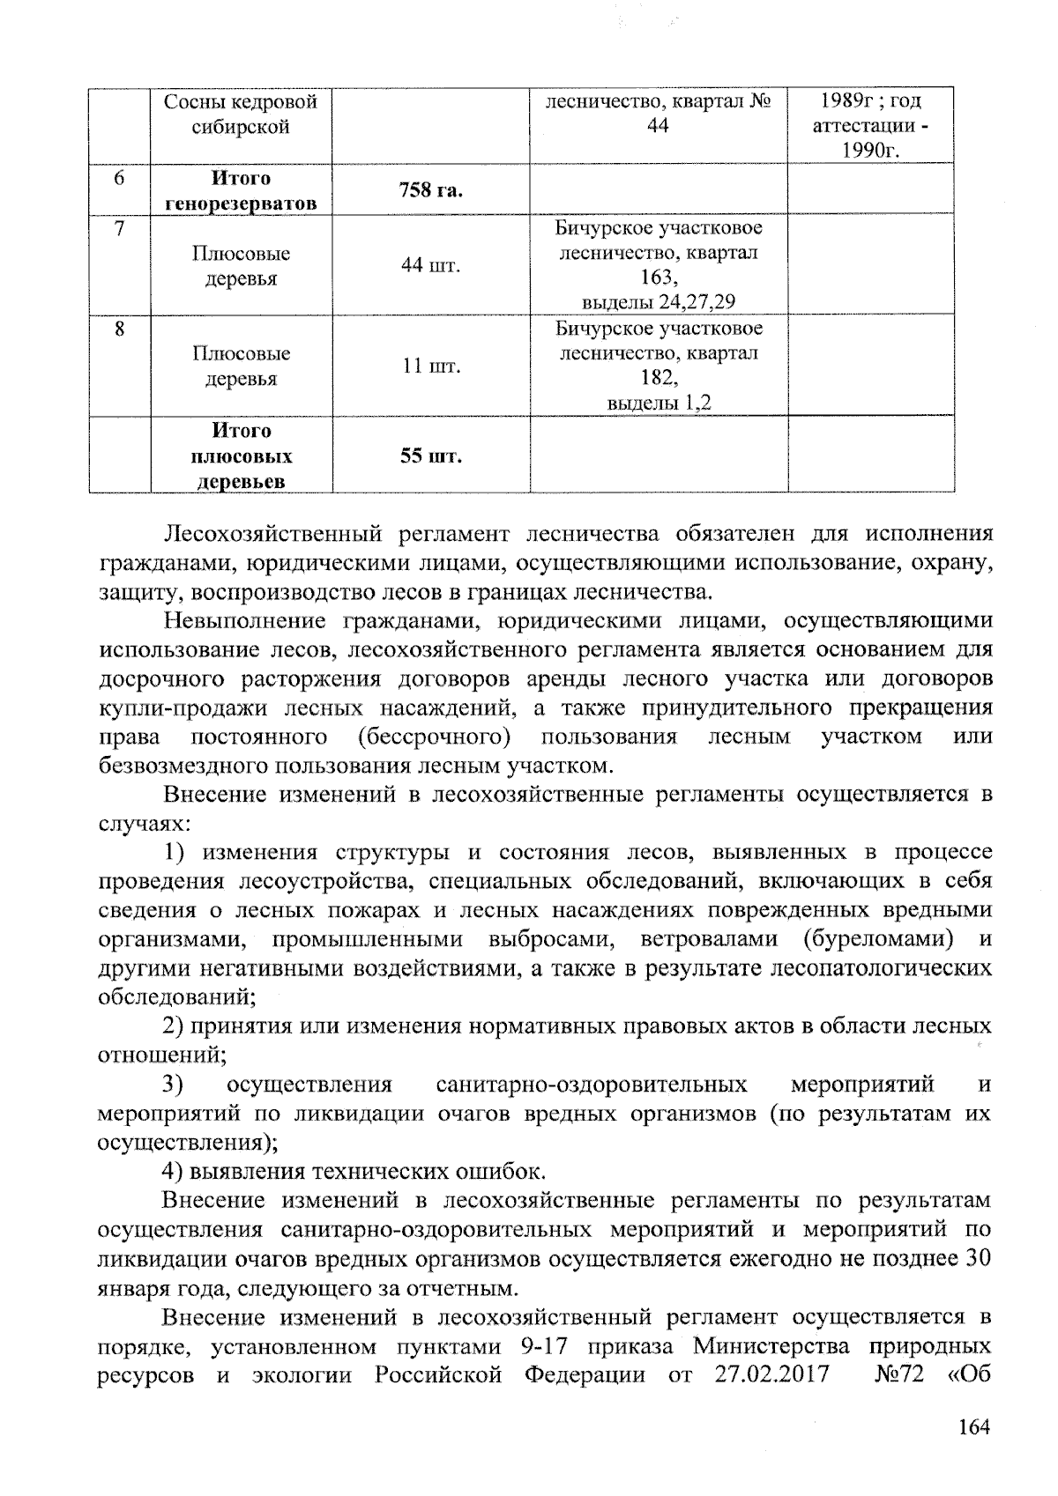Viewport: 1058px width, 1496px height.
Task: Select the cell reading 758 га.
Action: point(431,190)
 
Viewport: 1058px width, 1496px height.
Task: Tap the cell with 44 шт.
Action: point(431,265)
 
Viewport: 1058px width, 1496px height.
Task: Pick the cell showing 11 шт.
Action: point(431,366)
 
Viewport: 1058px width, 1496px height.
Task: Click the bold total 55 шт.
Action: point(431,456)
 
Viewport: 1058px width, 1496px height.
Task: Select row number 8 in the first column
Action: point(120,330)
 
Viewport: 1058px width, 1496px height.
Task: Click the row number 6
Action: point(120,178)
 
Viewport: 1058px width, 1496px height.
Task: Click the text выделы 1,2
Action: point(658,404)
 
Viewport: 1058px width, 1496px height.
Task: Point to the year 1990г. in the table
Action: point(870,151)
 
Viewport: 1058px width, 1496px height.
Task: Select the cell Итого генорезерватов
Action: point(242,191)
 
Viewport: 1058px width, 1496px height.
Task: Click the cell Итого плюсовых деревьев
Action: point(242,456)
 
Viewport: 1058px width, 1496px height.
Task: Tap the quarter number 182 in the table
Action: point(658,378)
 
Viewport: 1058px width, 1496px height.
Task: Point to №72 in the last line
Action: point(898,1375)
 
